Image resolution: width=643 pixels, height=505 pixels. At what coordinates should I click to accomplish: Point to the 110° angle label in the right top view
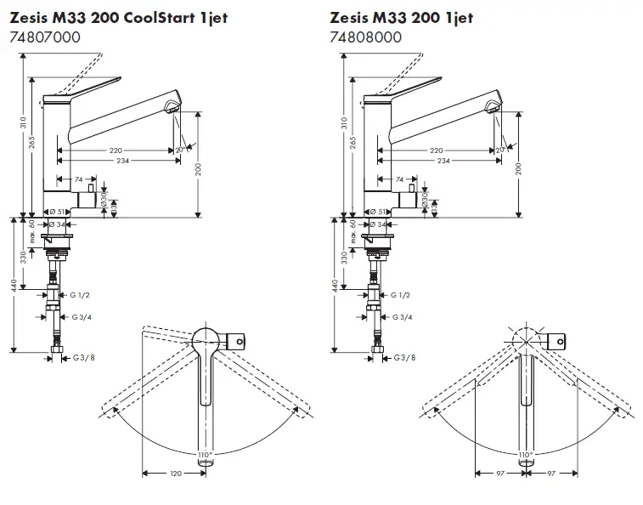(x=526, y=456)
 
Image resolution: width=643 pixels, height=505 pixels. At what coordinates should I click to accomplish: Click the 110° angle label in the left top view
(x=205, y=456)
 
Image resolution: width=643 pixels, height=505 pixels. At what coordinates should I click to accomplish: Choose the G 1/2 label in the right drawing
(x=400, y=295)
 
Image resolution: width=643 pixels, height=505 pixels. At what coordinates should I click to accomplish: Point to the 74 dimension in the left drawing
(x=78, y=179)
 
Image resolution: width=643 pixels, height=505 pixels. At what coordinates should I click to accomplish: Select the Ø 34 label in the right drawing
(x=378, y=224)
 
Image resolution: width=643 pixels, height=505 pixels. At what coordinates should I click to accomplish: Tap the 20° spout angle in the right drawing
(x=500, y=150)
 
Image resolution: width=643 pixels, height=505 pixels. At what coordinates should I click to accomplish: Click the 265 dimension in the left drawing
(x=31, y=143)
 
